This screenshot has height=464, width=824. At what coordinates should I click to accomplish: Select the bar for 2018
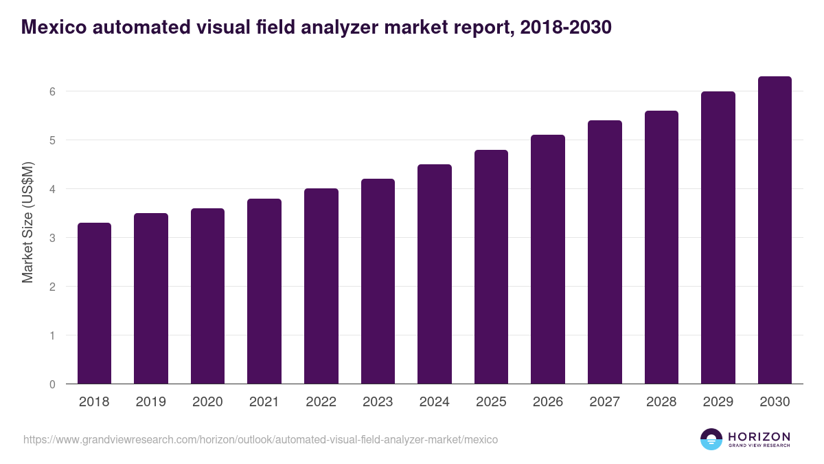94,303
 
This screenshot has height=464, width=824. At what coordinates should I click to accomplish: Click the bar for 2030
775,230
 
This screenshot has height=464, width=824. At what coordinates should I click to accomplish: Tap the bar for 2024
435,274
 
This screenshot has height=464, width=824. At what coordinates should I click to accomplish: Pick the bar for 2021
264,291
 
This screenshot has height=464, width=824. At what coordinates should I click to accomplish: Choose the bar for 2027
605,252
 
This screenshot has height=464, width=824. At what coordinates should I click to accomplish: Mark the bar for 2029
718,238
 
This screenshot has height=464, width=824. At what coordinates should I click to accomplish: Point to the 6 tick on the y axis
52,91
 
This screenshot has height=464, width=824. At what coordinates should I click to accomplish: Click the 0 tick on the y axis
52,384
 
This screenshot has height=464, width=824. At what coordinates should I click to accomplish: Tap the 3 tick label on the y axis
52,238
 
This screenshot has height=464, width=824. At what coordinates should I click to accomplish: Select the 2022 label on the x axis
321,402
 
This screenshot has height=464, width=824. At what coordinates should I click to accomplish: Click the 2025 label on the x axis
491,402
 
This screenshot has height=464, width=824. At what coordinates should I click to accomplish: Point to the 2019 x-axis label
150,402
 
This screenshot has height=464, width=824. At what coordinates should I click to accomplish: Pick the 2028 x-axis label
661,402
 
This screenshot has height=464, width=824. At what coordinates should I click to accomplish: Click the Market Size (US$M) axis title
27,223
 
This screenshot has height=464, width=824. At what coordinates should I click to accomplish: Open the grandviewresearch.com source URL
261,439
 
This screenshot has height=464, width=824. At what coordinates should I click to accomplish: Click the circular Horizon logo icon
711,439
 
